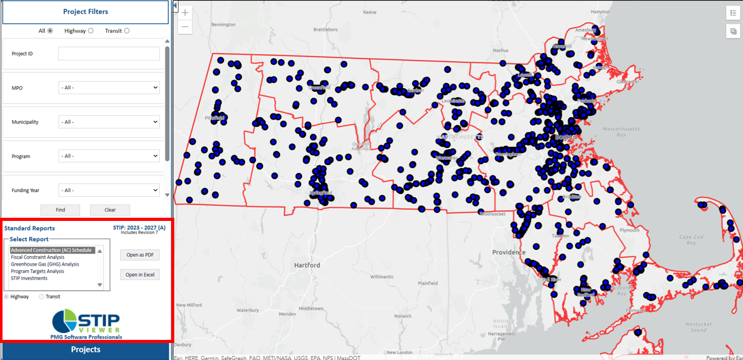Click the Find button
60,210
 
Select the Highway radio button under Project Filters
91,31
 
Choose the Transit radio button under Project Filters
126,31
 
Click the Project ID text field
109,53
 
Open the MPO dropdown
109,87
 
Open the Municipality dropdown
109,121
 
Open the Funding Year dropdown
109,190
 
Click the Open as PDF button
140,255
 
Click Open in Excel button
140,274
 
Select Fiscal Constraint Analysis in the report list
38,257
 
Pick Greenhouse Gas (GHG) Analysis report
45,264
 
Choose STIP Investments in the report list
29,278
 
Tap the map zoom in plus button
185,13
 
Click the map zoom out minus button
185,27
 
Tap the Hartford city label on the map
307,266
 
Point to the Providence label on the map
509,252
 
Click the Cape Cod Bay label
691,240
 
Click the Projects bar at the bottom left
86,350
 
